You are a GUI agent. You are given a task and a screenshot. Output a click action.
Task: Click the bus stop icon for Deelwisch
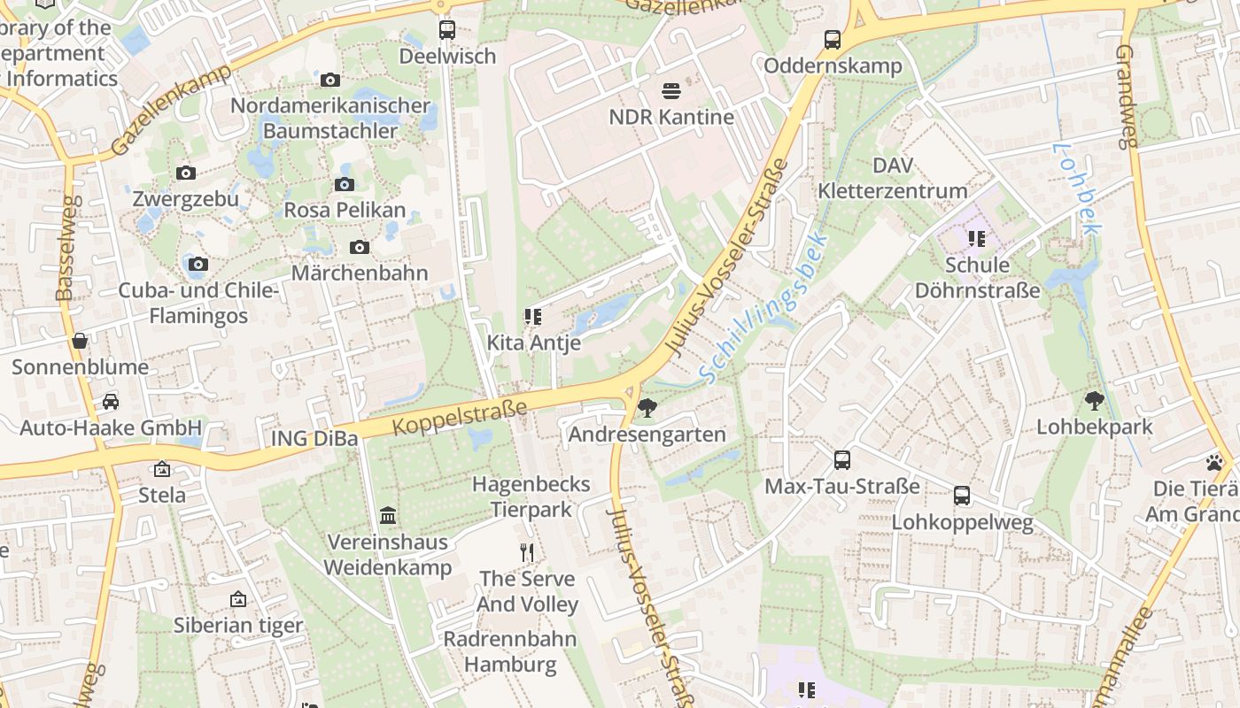(447, 30)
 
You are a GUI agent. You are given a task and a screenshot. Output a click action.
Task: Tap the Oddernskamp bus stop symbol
(833, 39)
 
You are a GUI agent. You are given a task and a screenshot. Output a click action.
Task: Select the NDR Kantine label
(671, 117)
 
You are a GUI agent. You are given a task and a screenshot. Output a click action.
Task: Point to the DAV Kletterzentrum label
(892, 178)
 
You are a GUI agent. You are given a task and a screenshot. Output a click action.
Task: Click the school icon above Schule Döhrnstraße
(977, 239)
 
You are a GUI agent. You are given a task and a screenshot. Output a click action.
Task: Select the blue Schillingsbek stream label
(763, 307)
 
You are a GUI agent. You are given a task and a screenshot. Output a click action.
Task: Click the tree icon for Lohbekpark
(1095, 401)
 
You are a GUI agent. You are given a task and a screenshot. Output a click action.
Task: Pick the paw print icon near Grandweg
(1213, 462)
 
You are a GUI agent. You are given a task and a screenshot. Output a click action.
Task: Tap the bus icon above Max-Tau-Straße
(842, 460)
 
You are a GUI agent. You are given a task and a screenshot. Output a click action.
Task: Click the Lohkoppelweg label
(962, 522)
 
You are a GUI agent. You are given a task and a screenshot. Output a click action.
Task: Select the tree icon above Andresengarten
(647, 408)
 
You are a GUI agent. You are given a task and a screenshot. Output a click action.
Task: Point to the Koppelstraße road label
(460, 417)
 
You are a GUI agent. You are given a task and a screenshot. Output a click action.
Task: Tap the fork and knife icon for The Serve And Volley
(527, 553)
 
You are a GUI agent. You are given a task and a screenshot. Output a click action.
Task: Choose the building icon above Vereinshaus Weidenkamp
(388, 515)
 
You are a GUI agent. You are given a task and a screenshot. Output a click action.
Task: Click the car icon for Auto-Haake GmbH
(111, 402)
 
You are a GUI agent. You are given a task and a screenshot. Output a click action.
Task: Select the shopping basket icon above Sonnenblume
(80, 341)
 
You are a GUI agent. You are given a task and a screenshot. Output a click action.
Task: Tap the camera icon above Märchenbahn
(360, 247)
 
